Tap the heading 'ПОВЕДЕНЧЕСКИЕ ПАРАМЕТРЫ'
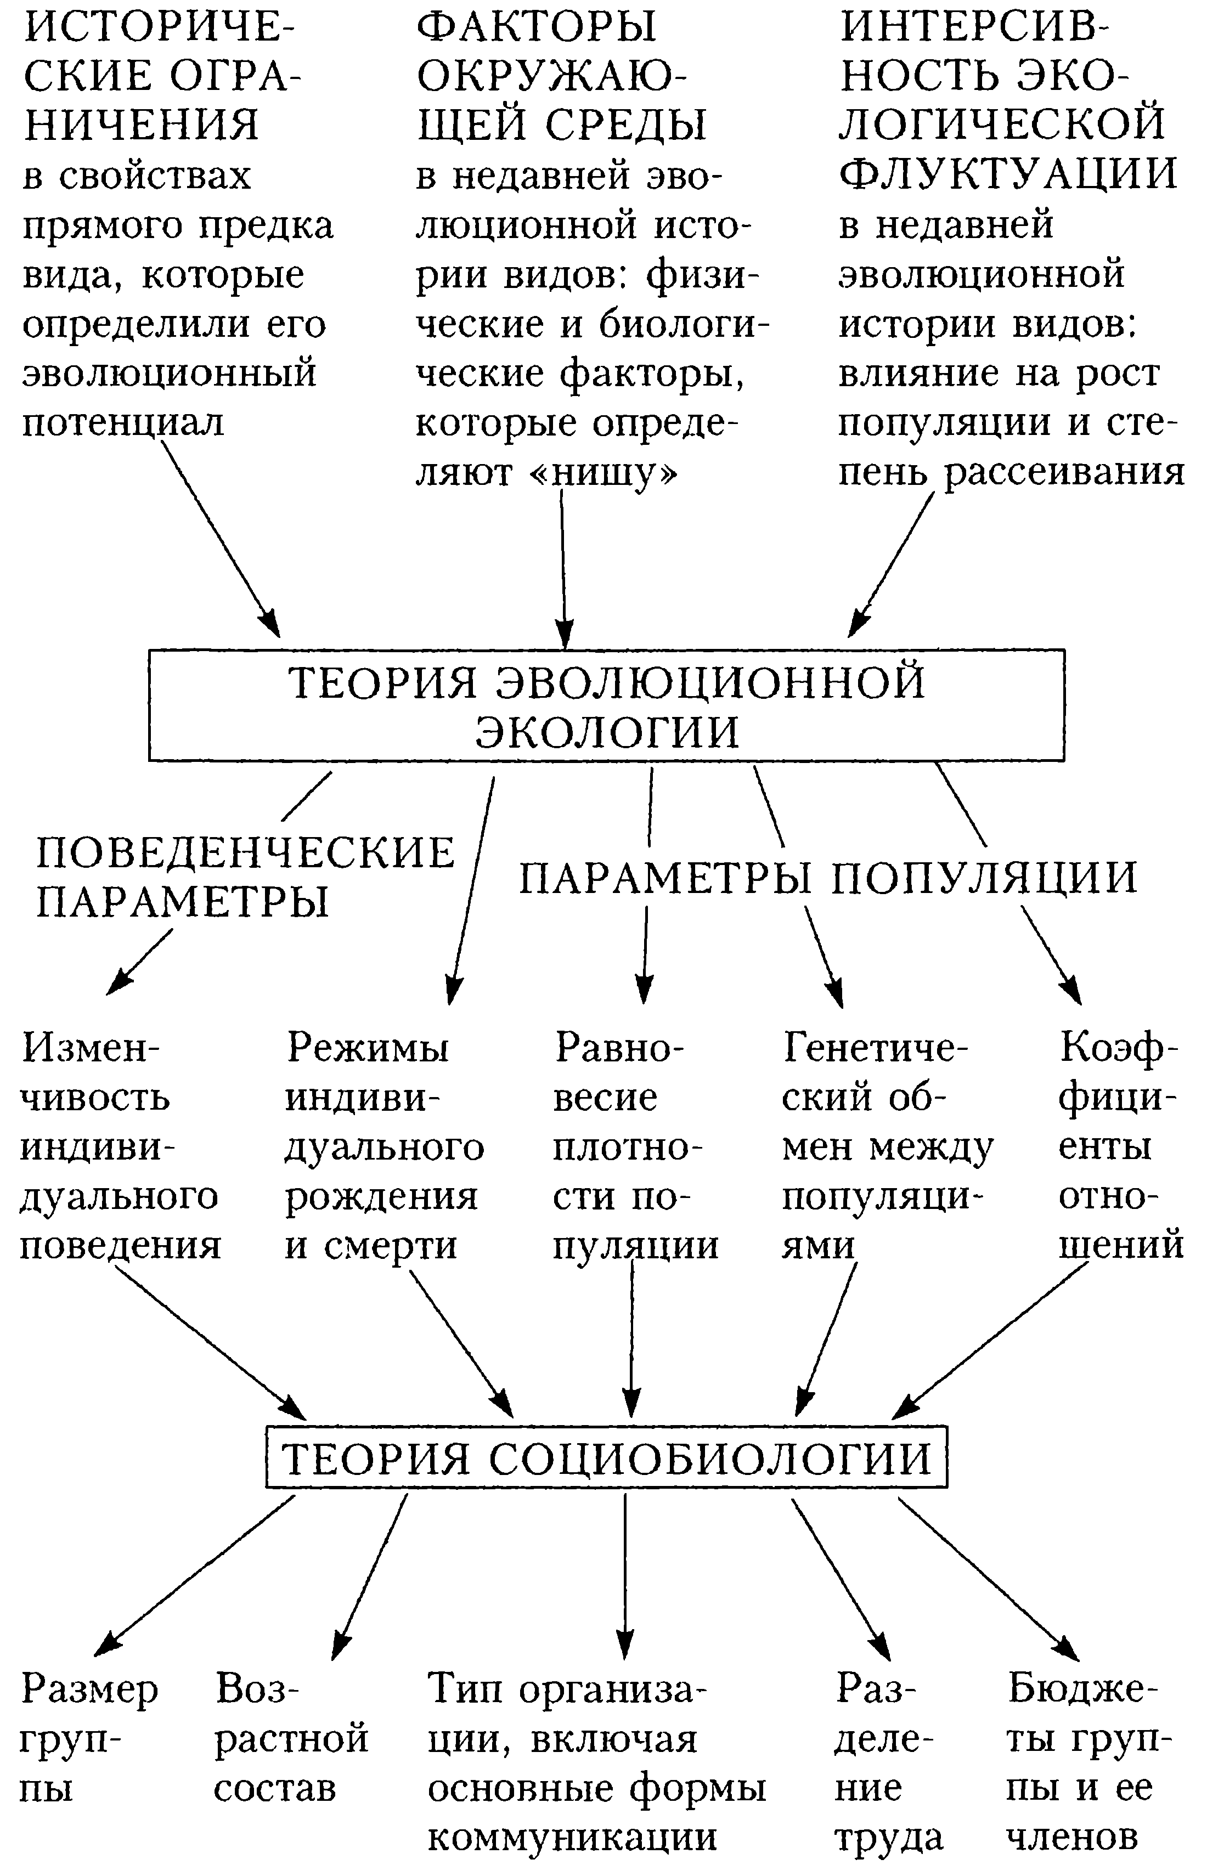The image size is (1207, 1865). pyautogui.click(x=245, y=877)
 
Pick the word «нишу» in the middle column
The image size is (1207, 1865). pyautogui.click(x=604, y=472)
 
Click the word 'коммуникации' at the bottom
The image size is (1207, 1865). pyautogui.click(x=573, y=1836)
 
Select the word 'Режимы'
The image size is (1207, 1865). pyautogui.click(x=368, y=1047)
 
